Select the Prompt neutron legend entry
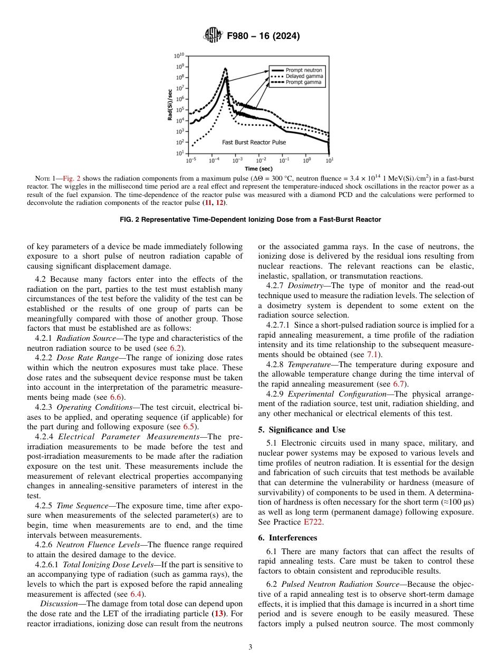point(303,70)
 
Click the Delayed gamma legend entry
point(304,76)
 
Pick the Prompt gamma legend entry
point(303,83)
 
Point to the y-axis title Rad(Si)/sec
point(170,104)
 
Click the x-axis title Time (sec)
point(258,169)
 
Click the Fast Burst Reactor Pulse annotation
point(254,142)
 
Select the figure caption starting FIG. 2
point(250,219)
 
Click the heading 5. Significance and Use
point(302,430)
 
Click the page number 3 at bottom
point(250,647)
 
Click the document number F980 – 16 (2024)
point(263,36)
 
